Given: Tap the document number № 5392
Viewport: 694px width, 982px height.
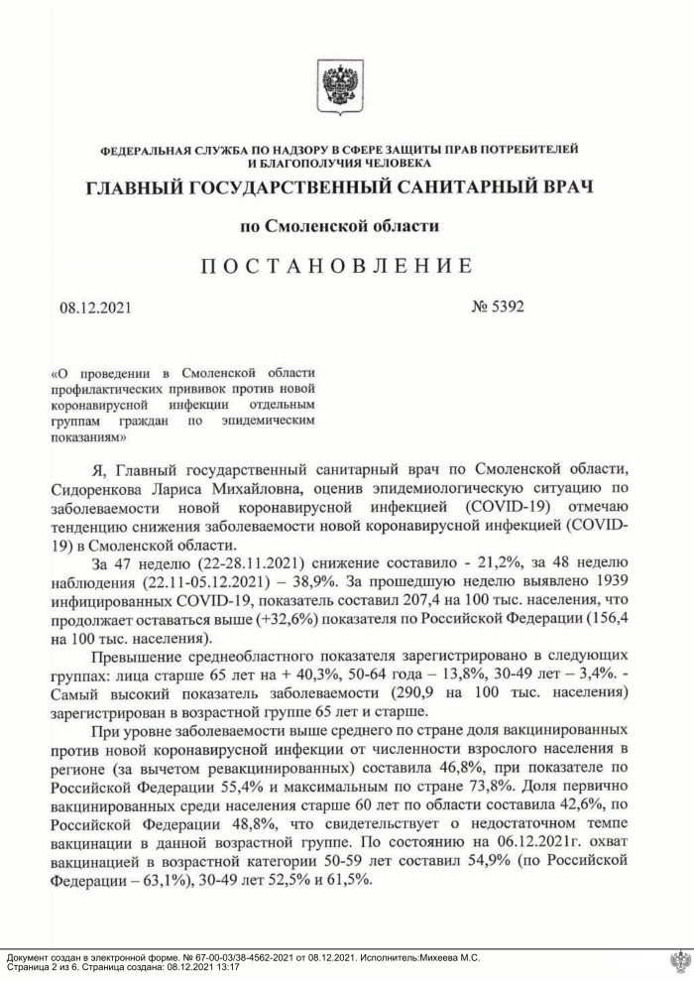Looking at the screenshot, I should [x=498, y=307].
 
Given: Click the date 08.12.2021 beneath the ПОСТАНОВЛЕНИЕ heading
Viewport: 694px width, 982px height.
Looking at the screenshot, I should [x=95, y=307].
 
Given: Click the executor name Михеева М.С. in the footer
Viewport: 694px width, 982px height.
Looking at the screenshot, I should [x=442, y=957].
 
